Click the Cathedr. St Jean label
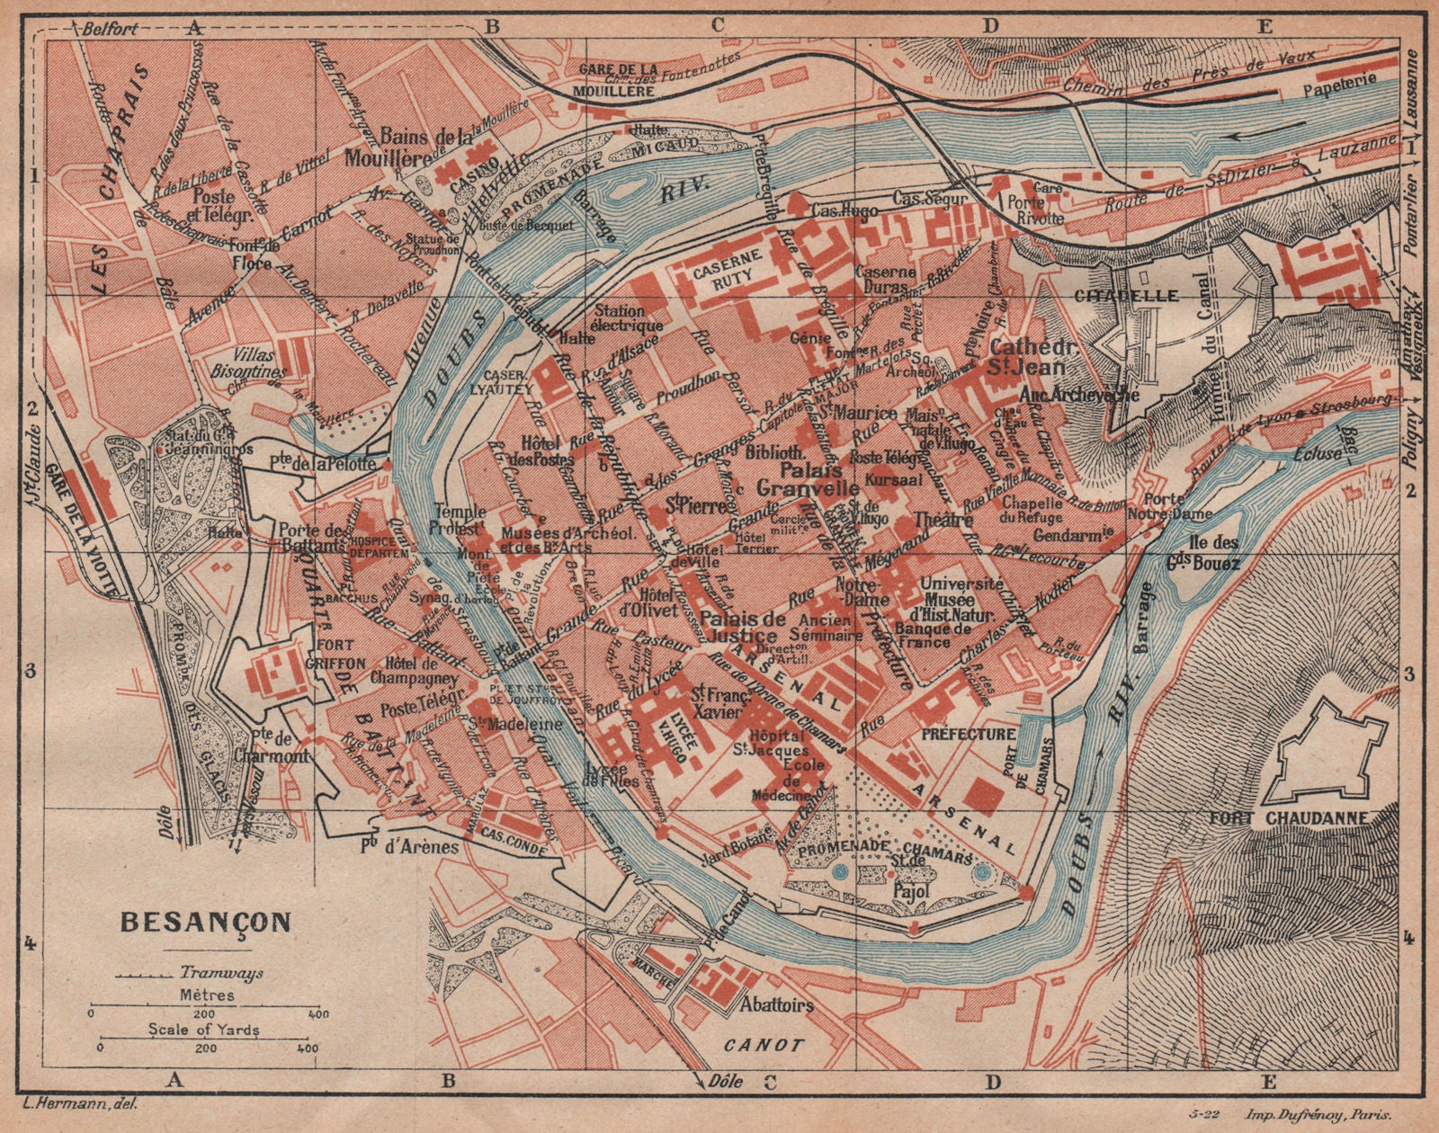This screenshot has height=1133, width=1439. tap(1027, 357)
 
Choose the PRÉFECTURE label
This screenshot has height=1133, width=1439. tap(969, 734)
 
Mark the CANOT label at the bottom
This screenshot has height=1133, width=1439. tap(764, 1046)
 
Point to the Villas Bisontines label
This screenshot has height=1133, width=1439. tap(258, 362)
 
